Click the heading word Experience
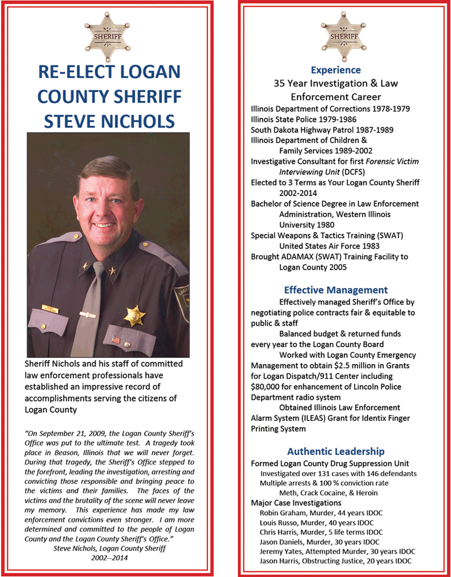coord(336,70)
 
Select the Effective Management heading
coord(335,290)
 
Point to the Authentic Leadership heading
coord(335,451)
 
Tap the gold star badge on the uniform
coord(134,316)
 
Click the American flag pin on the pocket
coord(116,339)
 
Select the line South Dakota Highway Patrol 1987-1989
coord(322,130)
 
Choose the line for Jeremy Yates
coord(337,551)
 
